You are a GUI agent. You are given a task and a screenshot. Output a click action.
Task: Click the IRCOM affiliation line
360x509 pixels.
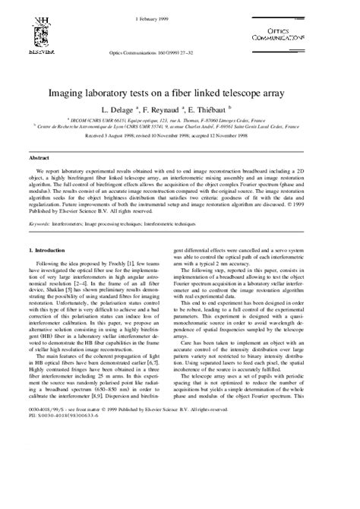coord(179,120)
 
